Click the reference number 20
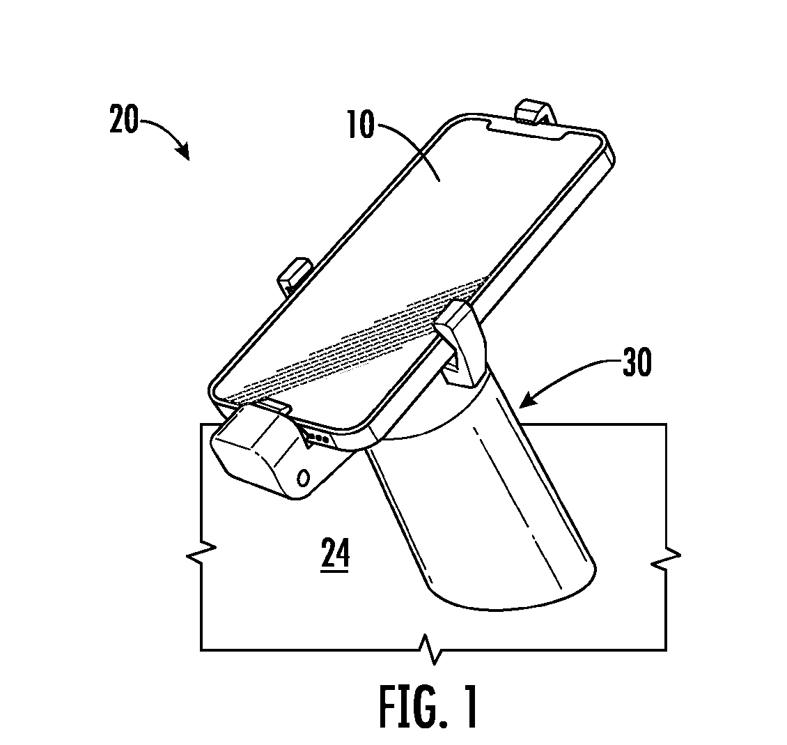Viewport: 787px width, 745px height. coord(123,119)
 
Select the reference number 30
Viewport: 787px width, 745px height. coord(637,362)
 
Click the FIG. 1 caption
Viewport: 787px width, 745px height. coord(428,707)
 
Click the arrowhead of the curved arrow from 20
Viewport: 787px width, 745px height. coord(184,151)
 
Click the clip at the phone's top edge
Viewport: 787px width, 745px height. coord(536,112)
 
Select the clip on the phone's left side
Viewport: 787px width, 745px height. coord(295,275)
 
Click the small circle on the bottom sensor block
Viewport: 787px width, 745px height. coord(304,477)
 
